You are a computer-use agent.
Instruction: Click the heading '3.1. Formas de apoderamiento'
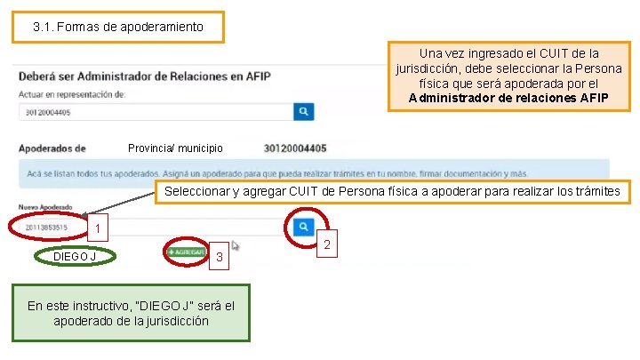117,27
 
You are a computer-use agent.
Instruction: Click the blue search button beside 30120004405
304,111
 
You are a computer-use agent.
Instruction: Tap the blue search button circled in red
305,227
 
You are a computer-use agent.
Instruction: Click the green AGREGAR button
186,252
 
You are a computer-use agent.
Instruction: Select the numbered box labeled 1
101,229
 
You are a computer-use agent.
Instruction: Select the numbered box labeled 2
326,244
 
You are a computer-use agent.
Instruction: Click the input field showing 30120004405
156,112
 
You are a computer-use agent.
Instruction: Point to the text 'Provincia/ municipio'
175,148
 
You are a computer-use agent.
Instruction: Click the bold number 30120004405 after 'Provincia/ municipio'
295,148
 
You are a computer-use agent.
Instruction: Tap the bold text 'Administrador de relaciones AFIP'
508,98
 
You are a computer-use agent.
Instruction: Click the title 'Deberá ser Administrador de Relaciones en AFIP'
131,76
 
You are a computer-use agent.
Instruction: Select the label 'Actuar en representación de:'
72,93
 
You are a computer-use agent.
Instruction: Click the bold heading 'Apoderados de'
52,148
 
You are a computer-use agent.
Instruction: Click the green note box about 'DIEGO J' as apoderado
131,313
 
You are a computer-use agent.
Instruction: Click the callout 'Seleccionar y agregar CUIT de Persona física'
392,192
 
